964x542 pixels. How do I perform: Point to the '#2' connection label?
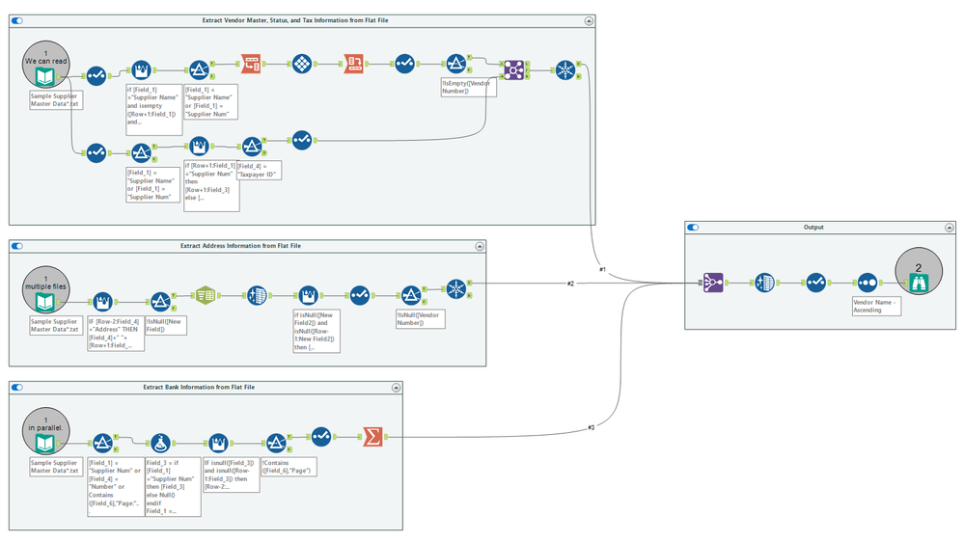click(x=570, y=284)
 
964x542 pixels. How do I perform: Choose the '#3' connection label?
click(x=592, y=427)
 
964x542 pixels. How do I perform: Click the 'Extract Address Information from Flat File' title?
click(x=240, y=246)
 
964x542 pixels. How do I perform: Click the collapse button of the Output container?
click(x=950, y=228)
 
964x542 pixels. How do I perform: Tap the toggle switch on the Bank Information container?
click(x=16, y=387)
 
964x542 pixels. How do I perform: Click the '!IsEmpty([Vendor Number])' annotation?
click(x=467, y=88)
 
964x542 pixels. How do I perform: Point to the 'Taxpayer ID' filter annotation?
click(x=258, y=171)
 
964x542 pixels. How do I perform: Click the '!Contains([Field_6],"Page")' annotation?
click(x=288, y=469)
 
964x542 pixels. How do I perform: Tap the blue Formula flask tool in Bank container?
click(x=160, y=443)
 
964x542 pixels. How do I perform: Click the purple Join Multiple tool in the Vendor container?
click(x=513, y=69)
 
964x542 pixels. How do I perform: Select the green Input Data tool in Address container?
click(x=45, y=304)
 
